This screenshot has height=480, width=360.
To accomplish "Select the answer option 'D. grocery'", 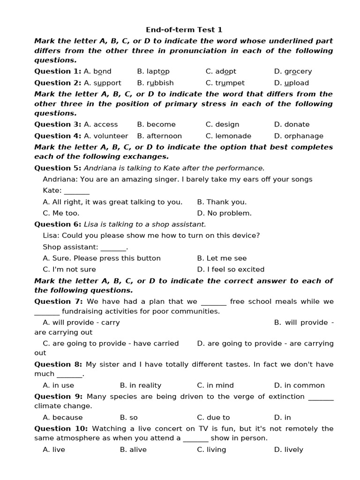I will (293, 72).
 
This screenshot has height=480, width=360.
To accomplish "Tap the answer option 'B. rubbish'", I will (155, 83).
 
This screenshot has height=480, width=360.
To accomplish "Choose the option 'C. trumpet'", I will (225, 83).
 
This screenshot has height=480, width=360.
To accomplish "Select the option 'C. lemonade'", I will (228, 136).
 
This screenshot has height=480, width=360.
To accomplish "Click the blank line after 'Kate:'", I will (76, 191).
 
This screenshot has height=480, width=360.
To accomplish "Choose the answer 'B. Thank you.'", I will (222, 202).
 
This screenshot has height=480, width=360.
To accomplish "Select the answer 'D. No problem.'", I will (224, 213).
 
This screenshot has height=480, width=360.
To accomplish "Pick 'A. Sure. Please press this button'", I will (102, 258).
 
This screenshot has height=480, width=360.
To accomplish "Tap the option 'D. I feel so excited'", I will (231, 270).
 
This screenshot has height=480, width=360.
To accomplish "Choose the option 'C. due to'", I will (213, 418).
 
